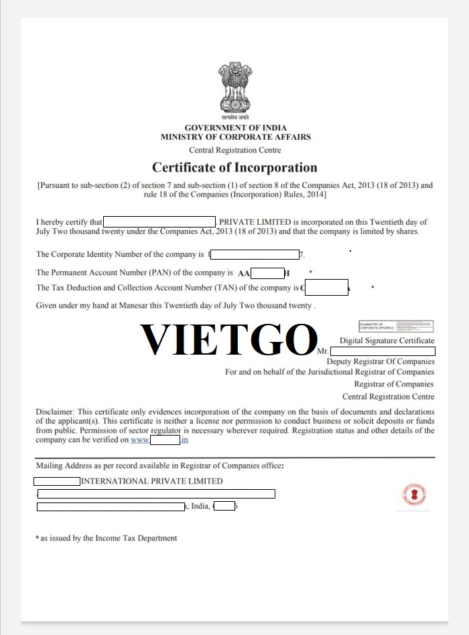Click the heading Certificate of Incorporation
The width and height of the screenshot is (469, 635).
pos(234,167)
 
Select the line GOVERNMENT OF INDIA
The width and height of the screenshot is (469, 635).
pos(235,128)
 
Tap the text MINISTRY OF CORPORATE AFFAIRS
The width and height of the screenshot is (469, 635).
pos(235,137)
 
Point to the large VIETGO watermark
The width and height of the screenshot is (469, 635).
pos(228,339)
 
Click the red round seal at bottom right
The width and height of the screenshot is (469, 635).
pos(414,496)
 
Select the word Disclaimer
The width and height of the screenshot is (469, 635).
pos(55,412)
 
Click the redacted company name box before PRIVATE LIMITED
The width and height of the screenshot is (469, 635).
pos(159,221)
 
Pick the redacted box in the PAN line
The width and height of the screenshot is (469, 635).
pos(267,273)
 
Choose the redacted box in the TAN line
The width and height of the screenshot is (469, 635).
pos(326,288)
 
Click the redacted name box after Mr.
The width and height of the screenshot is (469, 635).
pos(383,351)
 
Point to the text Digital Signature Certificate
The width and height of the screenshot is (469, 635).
pos(387,341)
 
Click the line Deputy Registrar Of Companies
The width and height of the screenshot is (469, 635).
pos(380,362)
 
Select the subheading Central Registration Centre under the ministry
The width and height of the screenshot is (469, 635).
pos(235,151)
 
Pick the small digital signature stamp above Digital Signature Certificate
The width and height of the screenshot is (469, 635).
pos(396,327)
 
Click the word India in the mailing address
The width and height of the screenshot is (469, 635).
pos(200,507)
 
